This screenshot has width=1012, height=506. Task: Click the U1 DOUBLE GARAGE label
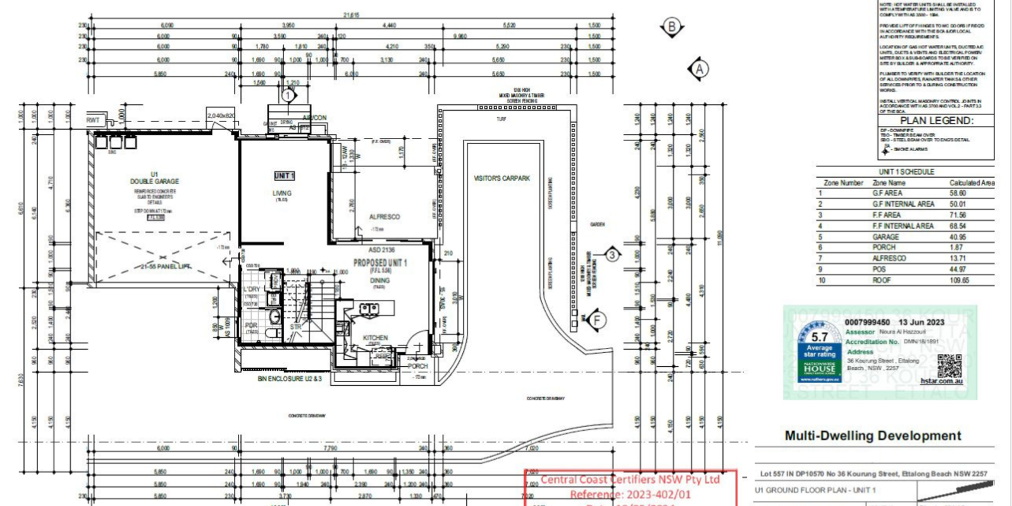click(x=154, y=178)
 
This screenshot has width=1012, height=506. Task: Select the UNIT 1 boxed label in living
click(x=284, y=176)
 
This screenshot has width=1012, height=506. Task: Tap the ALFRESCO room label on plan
click(x=385, y=217)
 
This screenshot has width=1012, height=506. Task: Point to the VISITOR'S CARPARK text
click(x=502, y=179)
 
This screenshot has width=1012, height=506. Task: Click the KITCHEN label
click(x=375, y=338)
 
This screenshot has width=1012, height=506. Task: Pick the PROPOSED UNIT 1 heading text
click(x=380, y=262)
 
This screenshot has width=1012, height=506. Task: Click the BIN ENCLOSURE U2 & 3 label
click(x=289, y=379)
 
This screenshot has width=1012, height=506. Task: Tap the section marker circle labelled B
click(x=672, y=27)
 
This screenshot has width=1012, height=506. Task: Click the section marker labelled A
click(x=699, y=69)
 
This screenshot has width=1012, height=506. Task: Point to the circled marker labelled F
click(x=596, y=320)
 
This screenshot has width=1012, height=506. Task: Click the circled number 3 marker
click(x=612, y=255)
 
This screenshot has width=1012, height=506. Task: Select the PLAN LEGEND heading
click(x=937, y=120)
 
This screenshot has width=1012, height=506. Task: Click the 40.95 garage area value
click(x=958, y=237)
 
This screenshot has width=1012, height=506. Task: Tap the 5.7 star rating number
click(x=819, y=337)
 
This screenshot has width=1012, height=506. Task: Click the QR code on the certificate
click(x=949, y=365)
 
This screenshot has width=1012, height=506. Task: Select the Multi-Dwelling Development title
click(x=873, y=436)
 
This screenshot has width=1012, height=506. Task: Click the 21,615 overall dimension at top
click(x=352, y=15)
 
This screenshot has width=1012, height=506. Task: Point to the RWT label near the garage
click(x=93, y=120)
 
